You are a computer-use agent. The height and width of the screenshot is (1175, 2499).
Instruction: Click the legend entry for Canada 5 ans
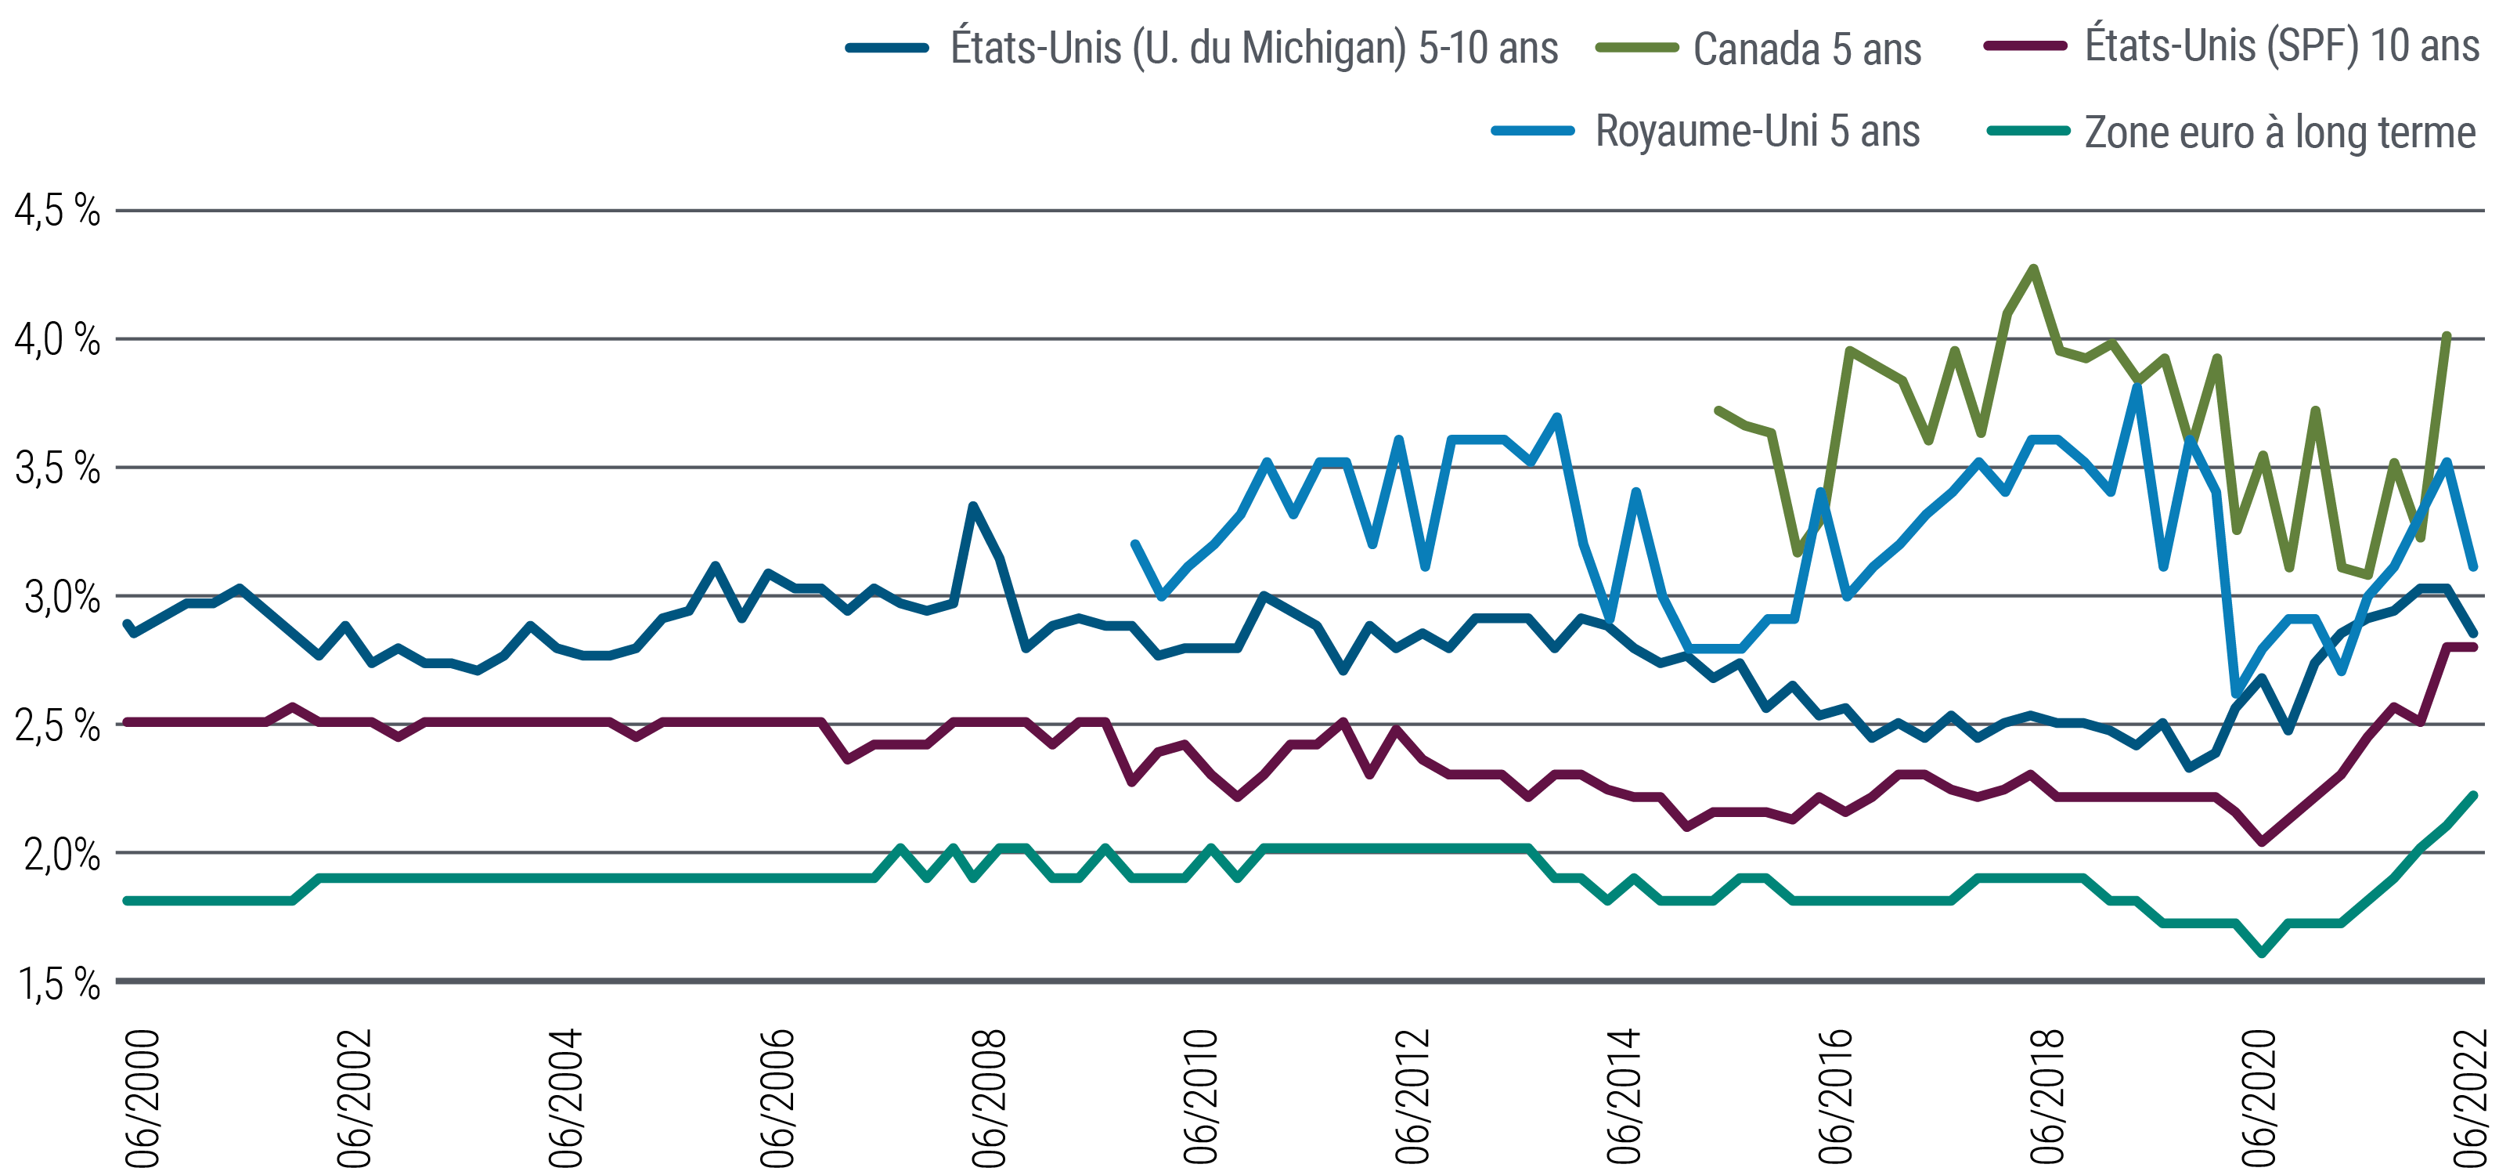[x=1806, y=49]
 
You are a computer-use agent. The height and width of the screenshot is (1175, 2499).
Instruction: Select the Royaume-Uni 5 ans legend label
[x=1757, y=131]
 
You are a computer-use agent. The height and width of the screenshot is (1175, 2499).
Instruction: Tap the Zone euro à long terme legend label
[x=2280, y=132]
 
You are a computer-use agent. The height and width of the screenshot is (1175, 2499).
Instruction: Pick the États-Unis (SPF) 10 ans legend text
[x=2281, y=45]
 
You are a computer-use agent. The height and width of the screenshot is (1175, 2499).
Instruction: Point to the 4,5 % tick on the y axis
[x=57, y=211]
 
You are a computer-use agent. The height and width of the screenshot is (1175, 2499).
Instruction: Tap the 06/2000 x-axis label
[x=142, y=1097]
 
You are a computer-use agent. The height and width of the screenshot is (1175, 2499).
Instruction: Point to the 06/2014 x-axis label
[x=1623, y=1097]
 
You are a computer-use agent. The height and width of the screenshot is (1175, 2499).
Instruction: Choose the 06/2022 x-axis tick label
[x=2470, y=1097]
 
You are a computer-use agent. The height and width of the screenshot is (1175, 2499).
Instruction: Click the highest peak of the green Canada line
[x=2033, y=268]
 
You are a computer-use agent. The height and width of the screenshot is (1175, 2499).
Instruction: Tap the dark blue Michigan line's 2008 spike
[x=973, y=505]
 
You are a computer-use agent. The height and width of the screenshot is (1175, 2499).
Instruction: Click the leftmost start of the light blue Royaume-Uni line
[x=1135, y=544]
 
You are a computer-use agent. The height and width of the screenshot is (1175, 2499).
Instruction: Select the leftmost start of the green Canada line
[x=1718, y=410]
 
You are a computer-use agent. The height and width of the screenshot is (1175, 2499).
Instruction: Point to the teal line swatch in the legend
[x=2028, y=131]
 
